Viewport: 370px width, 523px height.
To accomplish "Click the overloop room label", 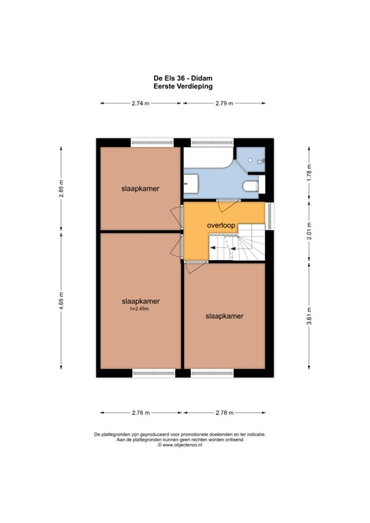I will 221,223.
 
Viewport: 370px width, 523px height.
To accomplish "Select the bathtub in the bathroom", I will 208,161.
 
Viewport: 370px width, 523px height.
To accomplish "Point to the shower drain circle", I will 251,160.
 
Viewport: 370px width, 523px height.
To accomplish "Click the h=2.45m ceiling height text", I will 139,308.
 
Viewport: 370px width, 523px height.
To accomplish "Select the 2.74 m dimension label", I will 141,104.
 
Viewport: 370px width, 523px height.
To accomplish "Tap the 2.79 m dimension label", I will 224,104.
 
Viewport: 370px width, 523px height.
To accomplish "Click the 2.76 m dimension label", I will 141,412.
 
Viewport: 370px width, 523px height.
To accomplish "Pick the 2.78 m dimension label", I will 223,412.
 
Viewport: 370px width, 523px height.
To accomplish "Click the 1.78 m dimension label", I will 309,170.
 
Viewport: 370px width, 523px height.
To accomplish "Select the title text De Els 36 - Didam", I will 184,78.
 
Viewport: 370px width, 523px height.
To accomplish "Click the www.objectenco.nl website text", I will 184,445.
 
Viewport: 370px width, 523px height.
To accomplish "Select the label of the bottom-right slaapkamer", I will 224,316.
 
